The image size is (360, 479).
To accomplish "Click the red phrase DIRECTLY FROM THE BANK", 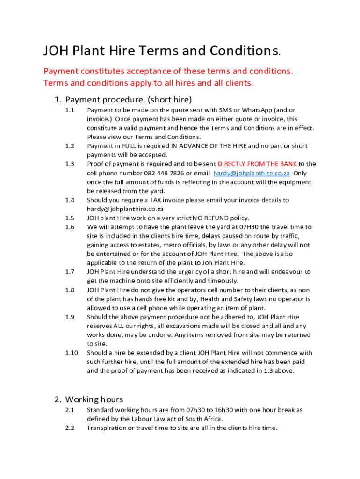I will point(257,164).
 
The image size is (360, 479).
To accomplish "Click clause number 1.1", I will point(70,110).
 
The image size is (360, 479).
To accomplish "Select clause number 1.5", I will point(70,218).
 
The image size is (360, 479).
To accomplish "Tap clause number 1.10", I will point(71,353).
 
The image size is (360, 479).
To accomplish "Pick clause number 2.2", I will point(70,428).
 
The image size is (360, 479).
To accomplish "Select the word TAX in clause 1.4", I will point(155,200).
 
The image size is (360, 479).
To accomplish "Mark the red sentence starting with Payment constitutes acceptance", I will point(168,71).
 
